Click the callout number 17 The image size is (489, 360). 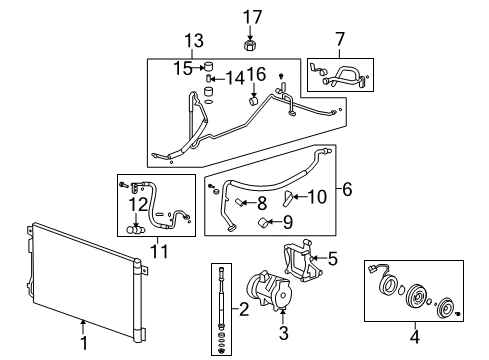pos(251,15)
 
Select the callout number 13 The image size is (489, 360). pos(192,41)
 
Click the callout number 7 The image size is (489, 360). pos(340,39)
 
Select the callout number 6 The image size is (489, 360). pos(347,187)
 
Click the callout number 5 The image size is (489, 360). pos(332,259)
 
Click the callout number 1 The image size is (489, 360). pos(83,324)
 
